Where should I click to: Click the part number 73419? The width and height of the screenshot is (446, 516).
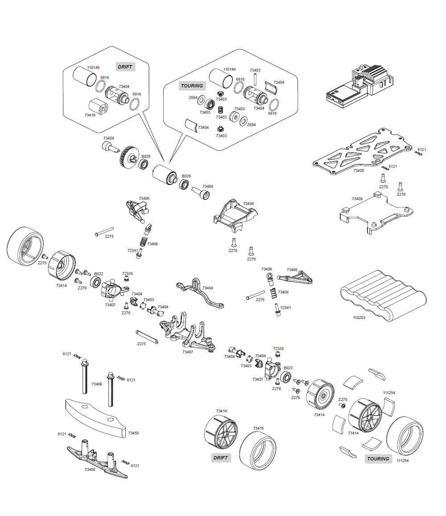point(90,115)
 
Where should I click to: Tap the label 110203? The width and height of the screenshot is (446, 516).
point(359,318)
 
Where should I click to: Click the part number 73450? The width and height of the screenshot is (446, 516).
point(133,433)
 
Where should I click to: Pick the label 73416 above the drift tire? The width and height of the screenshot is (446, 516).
point(259,428)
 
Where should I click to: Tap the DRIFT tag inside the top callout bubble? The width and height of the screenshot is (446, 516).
point(125,67)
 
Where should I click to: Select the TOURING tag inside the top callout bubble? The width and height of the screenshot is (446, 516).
point(192,86)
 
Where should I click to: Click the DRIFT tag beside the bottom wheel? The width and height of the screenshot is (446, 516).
point(220,458)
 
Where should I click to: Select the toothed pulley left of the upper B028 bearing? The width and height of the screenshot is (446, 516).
point(128,158)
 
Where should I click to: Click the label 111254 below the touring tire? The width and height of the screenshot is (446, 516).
point(402,461)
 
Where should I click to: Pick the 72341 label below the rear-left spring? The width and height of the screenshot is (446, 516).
point(133,251)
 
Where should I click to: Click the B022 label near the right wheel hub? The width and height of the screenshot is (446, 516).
point(288,368)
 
